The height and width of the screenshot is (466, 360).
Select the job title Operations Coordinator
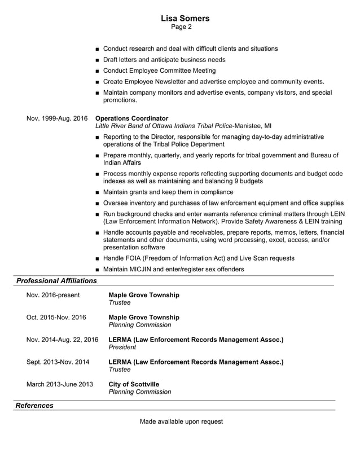[132, 118]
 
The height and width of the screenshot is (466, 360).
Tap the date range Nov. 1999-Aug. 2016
[57, 118]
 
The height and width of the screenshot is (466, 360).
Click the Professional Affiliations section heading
[56, 280]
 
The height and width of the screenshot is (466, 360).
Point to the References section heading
[34, 406]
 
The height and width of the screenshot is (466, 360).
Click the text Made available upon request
[181, 421]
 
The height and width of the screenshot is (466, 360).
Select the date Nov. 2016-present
[53, 295]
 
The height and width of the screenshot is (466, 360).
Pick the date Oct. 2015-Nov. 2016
[56, 317]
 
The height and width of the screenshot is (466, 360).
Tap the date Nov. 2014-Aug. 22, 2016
[62, 340]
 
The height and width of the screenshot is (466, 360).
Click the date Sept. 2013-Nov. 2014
[58, 362]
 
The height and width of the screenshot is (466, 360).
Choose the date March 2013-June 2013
[60, 384]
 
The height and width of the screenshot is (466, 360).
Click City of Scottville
[134, 384]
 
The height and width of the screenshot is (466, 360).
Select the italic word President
[122, 348]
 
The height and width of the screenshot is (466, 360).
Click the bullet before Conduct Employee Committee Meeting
[98, 71]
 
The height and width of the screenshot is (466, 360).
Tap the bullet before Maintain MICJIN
[98, 270]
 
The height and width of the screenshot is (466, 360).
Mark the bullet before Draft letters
[98, 60]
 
